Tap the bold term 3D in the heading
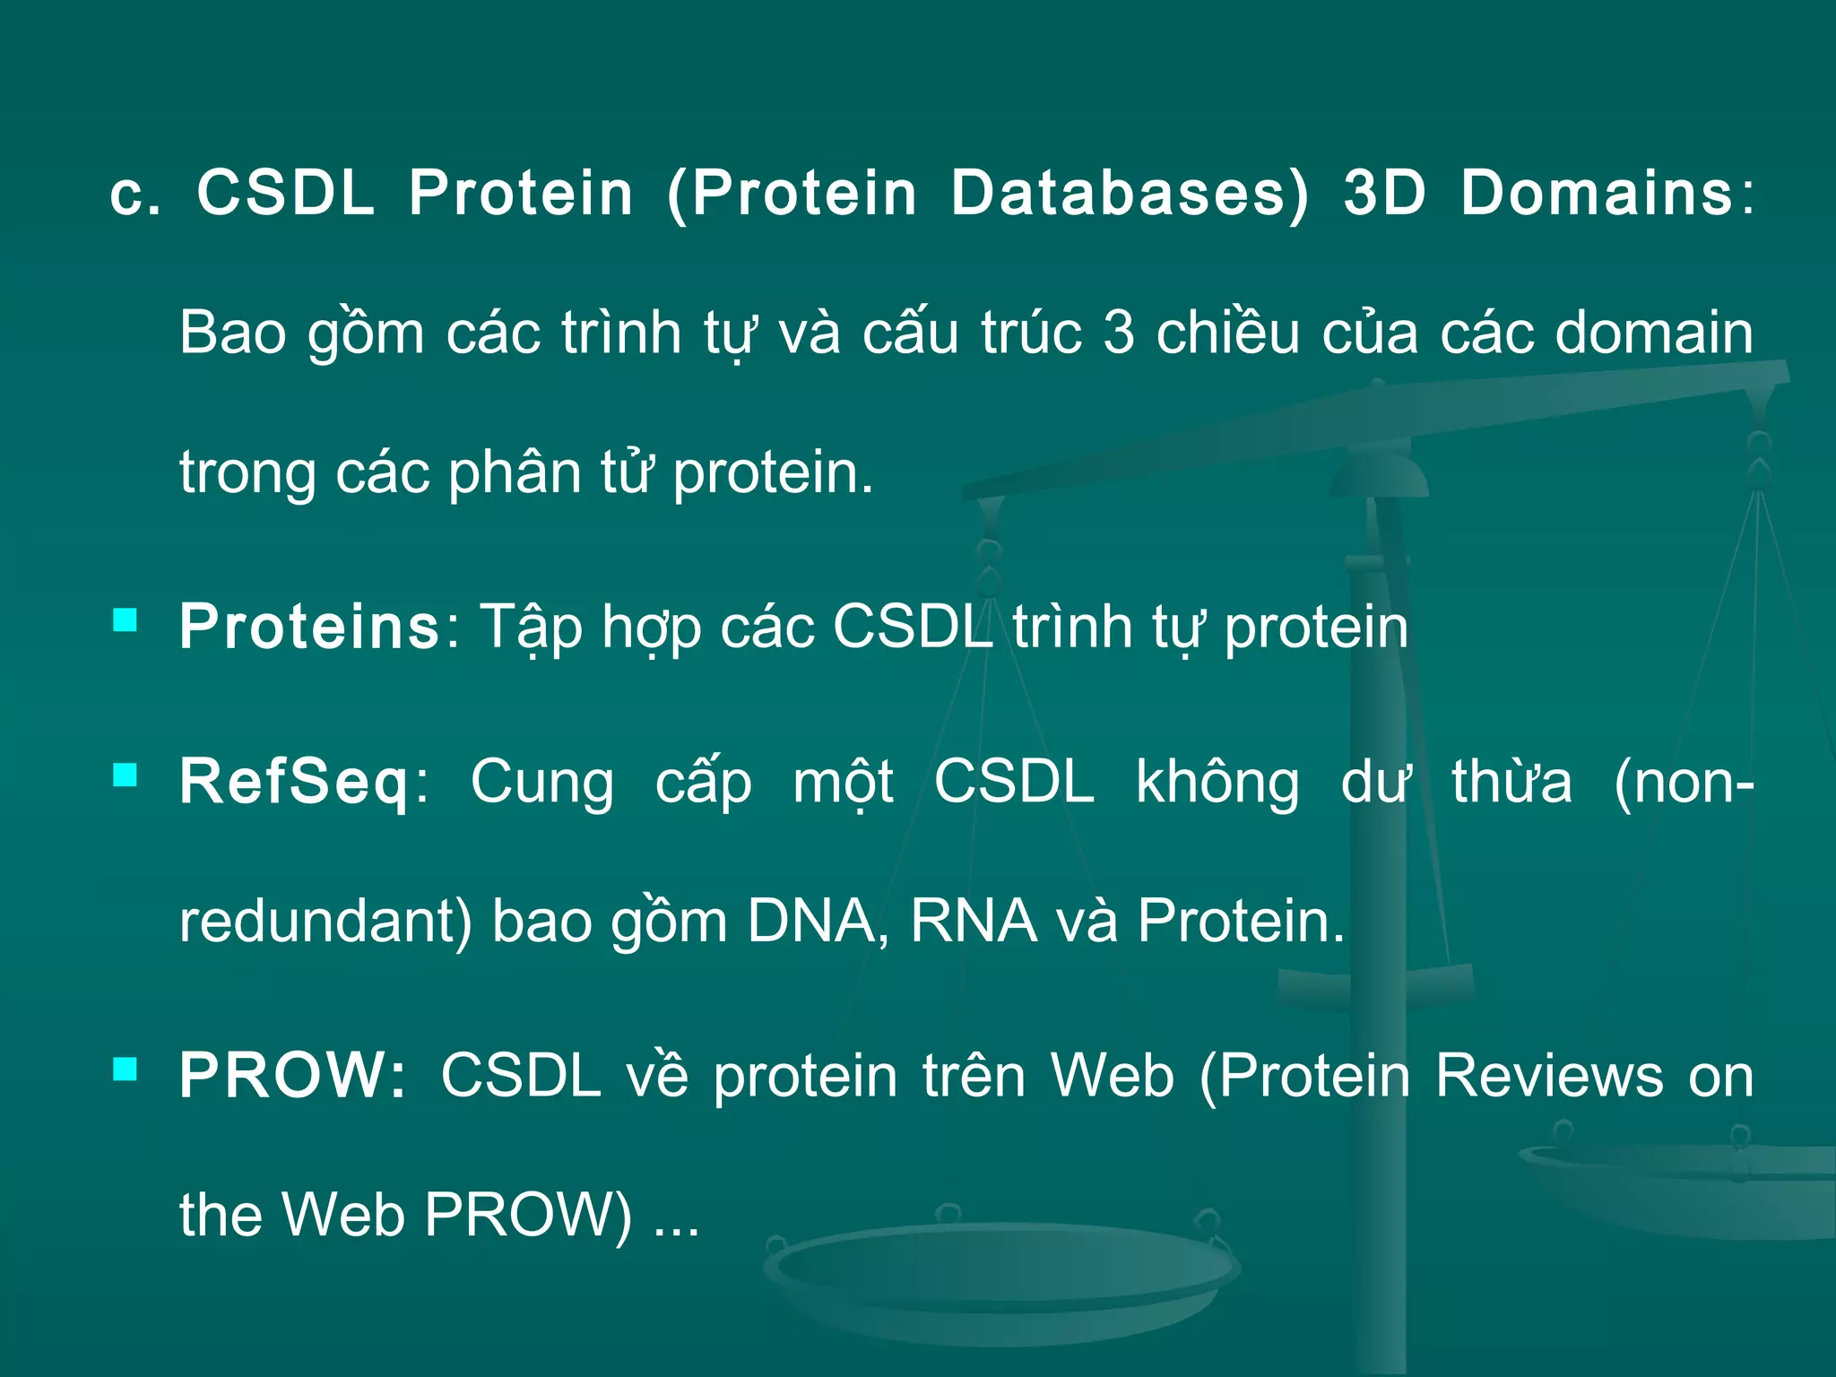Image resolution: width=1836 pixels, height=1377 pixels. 1384,193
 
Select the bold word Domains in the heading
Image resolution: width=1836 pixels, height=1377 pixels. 1597,193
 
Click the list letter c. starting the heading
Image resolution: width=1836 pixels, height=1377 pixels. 135,195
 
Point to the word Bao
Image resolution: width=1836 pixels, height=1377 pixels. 233,333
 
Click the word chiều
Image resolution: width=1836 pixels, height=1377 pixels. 1227,333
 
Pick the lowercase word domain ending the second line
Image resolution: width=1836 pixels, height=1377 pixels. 1654,333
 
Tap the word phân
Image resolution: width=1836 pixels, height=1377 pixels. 515,472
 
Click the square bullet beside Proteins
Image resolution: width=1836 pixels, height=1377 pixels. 126,620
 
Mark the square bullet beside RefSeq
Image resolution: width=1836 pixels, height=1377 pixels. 126,775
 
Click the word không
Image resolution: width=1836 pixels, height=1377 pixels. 1217,783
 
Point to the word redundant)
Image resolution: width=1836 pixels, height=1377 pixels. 325,921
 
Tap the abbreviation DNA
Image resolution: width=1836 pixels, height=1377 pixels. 810,921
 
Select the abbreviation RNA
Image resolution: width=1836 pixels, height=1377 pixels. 973,921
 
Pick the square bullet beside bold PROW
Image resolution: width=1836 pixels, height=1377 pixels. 126,1069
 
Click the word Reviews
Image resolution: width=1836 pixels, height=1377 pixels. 1549,1075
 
